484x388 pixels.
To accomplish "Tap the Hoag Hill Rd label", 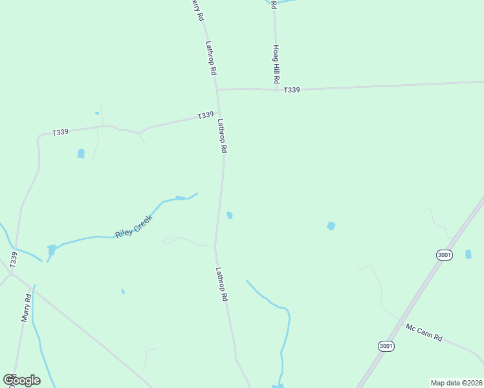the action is click(x=276, y=63).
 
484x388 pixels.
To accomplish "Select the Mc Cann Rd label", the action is click(x=424, y=333).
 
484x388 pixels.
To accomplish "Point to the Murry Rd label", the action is click(x=26, y=308).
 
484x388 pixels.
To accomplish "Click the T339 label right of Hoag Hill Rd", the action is click(x=291, y=90).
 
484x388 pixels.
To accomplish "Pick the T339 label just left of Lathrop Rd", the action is click(x=205, y=115).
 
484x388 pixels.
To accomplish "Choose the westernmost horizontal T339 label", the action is click(x=60, y=131).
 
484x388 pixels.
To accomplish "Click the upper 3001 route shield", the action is click(x=444, y=255).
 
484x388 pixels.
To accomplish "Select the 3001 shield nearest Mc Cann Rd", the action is click(x=386, y=347).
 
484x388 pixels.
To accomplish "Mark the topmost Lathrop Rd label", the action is click(x=210, y=59).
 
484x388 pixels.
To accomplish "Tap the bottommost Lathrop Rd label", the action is click(x=222, y=285).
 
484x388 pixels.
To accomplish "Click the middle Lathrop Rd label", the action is click(x=222, y=135).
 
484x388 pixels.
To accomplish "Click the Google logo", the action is click(x=21, y=380).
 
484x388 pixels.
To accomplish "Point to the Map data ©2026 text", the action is click(x=456, y=382).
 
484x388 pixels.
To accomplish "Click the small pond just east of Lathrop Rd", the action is click(x=230, y=215).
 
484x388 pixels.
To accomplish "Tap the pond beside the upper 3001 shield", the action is click(x=468, y=254).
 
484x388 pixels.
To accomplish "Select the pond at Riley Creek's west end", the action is click(x=51, y=249).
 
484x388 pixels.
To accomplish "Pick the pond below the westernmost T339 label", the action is click(x=81, y=153).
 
